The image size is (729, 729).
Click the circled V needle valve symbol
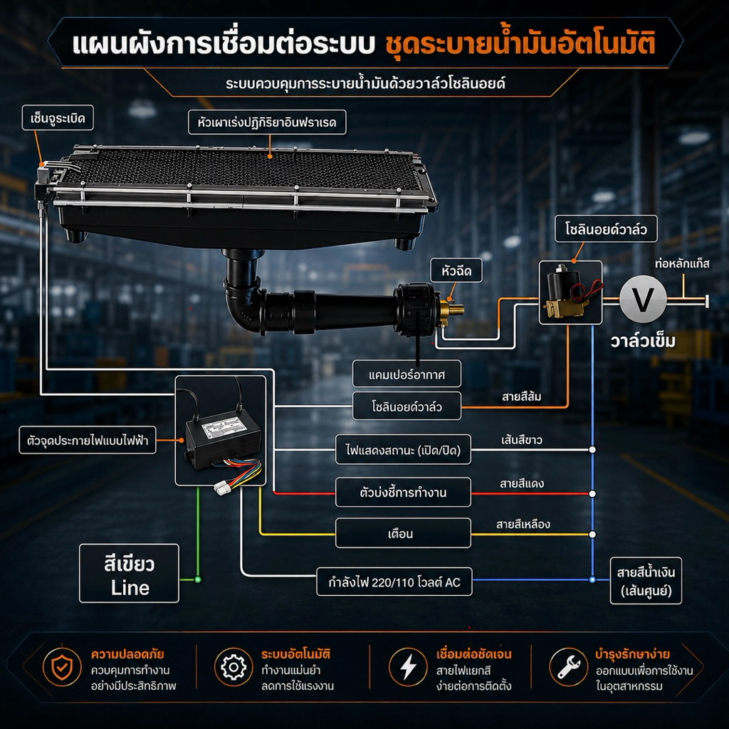click(x=643, y=298)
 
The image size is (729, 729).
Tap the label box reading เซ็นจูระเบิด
click(x=58, y=117)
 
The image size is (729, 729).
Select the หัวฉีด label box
click(x=456, y=270)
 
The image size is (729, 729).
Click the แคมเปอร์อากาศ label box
click(x=407, y=374)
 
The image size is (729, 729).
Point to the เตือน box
click(x=403, y=533)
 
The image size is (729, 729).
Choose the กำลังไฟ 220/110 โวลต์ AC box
click(x=394, y=581)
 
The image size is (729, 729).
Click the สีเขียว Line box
click(x=130, y=573)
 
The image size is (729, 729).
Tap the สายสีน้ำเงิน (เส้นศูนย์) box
click(x=646, y=581)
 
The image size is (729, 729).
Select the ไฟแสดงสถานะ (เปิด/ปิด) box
click(x=403, y=450)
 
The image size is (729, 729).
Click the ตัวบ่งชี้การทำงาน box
click(x=403, y=492)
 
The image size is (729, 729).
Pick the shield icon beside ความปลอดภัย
click(x=62, y=667)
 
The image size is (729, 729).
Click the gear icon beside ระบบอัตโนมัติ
click(x=234, y=667)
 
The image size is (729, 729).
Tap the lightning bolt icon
click(x=408, y=667)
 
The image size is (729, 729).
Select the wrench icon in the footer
click(x=568, y=667)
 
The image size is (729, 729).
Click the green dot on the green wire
click(x=198, y=579)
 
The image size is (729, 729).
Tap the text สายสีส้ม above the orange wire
click(x=522, y=397)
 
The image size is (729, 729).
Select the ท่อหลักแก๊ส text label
click(x=682, y=264)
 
